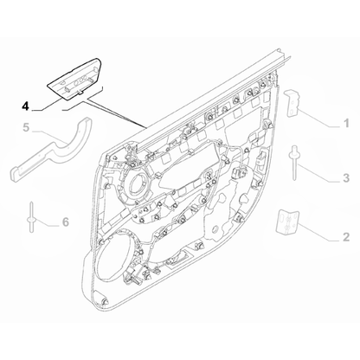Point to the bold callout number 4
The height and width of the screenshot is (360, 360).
click(x=25, y=108)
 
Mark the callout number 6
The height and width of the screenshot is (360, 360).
click(x=65, y=222)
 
